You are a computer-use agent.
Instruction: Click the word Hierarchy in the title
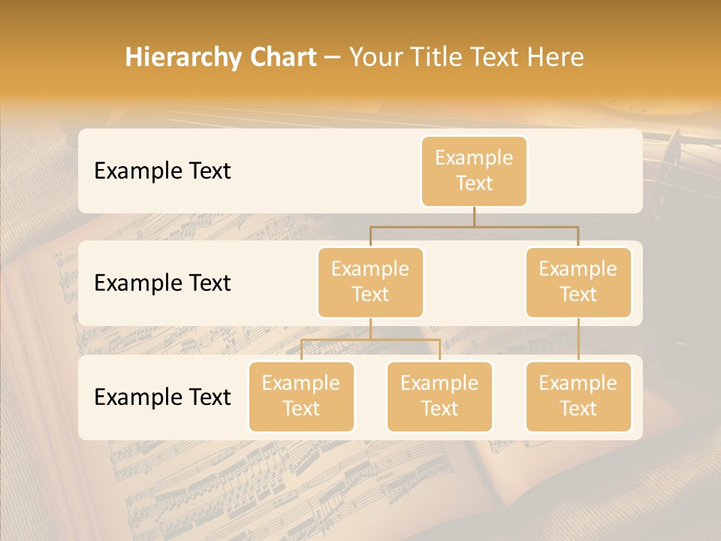181,58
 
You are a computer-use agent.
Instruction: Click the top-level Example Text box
474,171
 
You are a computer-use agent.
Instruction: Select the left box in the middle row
370,283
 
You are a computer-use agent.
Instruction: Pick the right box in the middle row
578,283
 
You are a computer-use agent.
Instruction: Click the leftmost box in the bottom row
301,397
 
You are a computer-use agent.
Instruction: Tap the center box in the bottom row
439,397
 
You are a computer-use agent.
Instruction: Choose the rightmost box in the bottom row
578,397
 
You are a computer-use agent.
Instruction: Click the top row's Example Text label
162,171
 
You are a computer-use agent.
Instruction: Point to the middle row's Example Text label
162,283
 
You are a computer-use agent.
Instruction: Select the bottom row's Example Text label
162,397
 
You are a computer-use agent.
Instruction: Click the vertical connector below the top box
474,216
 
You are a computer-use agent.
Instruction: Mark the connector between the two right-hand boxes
578,340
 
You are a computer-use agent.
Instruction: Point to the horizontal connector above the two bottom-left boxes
370,340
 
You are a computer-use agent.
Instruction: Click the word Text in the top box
474,184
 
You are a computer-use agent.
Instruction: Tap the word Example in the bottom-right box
578,383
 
